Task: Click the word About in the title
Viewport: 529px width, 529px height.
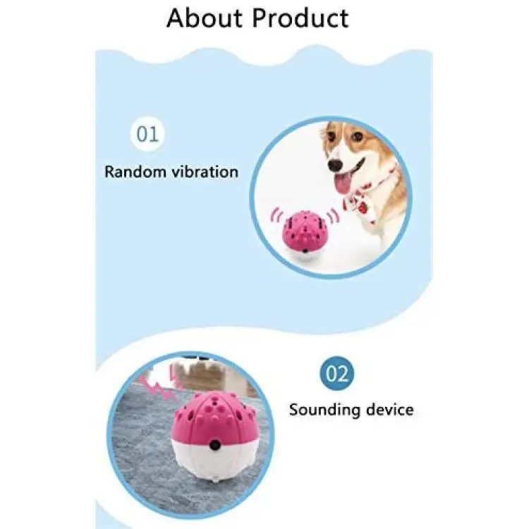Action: tap(205, 18)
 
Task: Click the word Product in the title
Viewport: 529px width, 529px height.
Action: tap(301, 18)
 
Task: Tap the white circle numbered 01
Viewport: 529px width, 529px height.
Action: tap(147, 133)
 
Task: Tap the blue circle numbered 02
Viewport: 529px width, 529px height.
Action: tap(336, 373)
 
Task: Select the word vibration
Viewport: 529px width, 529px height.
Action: tap(205, 171)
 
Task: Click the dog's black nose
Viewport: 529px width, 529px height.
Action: tap(335, 165)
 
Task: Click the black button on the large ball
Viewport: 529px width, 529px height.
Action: tap(214, 445)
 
